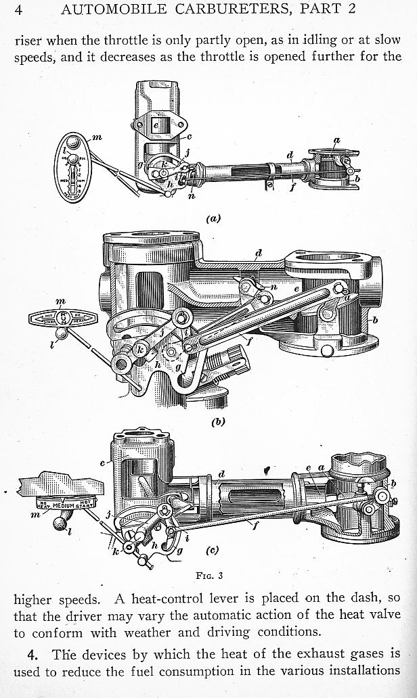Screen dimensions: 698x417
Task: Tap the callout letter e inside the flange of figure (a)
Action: pyautogui.click(x=156, y=125)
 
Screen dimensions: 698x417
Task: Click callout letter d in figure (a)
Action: pyautogui.click(x=289, y=156)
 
